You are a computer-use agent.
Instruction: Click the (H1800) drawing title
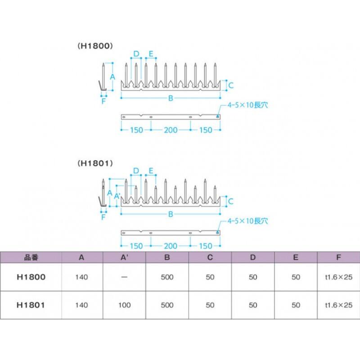95,46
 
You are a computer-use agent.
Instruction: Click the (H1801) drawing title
95,163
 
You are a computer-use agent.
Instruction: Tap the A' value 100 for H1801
125,305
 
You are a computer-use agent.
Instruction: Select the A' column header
124,257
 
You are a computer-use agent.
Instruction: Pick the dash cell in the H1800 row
124,277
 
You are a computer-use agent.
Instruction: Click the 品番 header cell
31,257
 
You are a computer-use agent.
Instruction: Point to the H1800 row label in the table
31,277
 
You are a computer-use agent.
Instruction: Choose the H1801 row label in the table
31,305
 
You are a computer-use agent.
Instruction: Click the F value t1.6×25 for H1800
339,277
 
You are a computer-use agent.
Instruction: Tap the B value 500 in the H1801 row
167,305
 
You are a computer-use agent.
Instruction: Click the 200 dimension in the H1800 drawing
171,130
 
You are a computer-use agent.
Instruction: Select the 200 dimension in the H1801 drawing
171,246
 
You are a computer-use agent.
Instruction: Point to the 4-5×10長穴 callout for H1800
248,105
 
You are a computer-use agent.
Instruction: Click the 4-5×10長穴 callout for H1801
248,221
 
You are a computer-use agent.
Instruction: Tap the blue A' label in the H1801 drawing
117,196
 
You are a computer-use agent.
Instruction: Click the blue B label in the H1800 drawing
171,98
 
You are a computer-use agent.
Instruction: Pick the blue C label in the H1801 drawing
231,201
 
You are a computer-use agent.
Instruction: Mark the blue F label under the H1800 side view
103,101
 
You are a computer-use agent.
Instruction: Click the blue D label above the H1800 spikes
136,54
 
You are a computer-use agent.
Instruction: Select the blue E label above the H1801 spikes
151,171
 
